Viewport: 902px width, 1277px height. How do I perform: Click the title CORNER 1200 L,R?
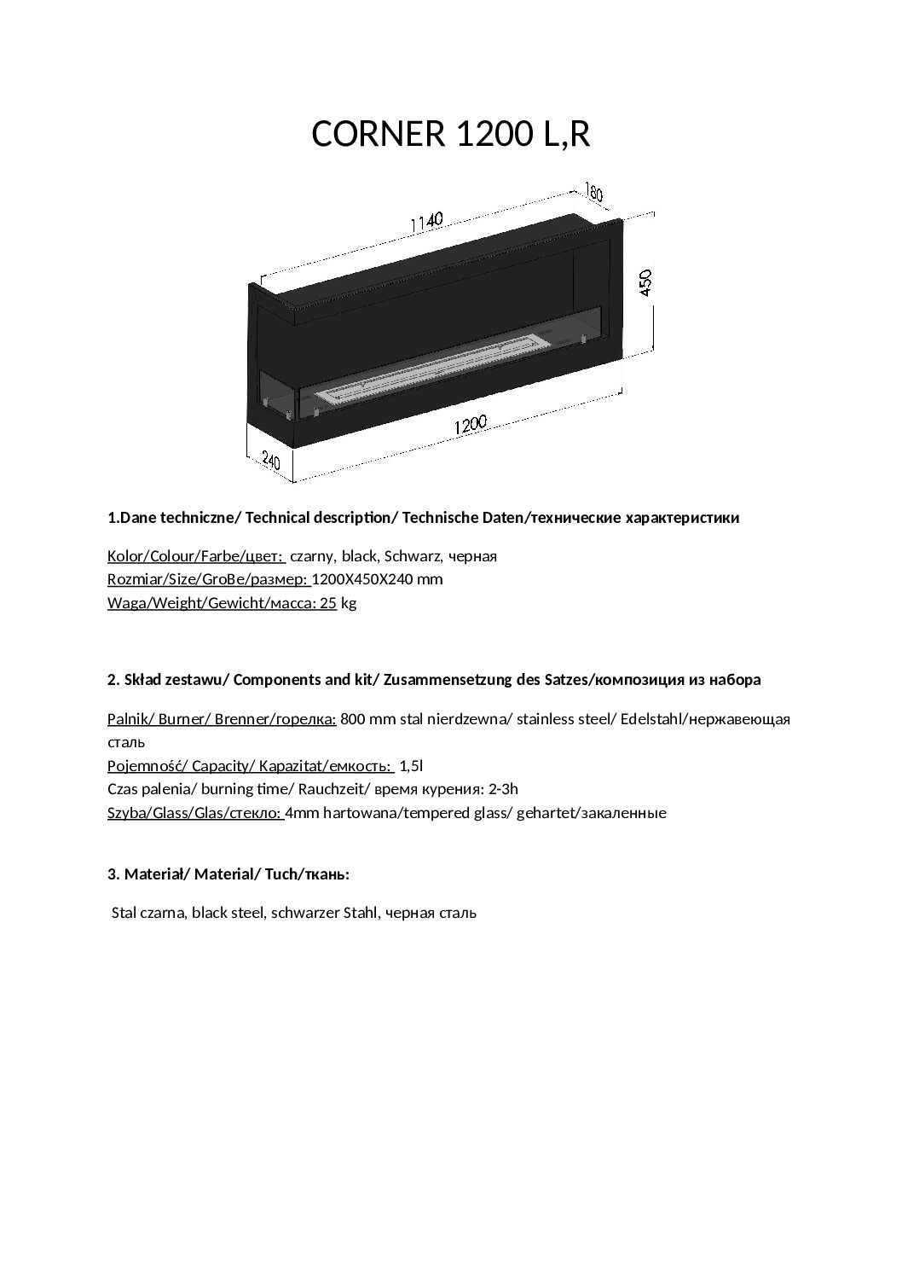[451, 134]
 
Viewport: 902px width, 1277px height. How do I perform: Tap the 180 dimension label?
[593, 192]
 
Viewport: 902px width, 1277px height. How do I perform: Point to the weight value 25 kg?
[336, 603]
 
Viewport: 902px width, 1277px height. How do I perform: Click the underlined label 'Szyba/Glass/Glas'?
[195, 813]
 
